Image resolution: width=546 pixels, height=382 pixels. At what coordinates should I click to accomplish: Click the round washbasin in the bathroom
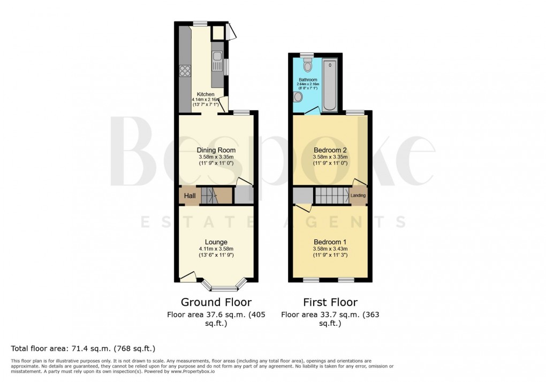coord(298,98)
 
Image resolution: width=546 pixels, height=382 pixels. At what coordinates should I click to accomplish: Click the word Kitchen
coord(206,94)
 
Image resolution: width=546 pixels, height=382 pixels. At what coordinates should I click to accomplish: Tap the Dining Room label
coord(216,150)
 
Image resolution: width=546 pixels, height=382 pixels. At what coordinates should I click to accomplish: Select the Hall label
coord(189,197)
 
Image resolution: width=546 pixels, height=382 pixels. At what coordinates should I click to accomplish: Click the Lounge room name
coord(216,242)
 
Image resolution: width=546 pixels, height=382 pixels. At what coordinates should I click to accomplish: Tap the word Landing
coord(358,196)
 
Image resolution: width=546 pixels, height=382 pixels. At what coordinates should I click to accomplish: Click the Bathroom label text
coord(308,80)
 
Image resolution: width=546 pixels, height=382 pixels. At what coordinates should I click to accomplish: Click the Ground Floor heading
coord(216,302)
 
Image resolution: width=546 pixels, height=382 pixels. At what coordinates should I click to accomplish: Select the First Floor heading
coord(330,302)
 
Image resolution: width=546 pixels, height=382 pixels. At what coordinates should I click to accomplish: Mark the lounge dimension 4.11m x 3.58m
coord(216,249)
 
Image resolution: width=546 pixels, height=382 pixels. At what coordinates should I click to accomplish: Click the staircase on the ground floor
coord(216,196)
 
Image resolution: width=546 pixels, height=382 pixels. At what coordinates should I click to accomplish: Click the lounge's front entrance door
coord(187,276)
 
